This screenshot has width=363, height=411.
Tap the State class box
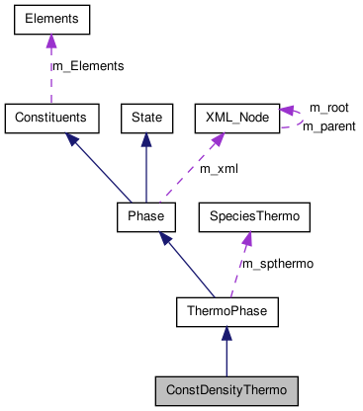pos(146,117)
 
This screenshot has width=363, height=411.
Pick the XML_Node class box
pos(236,117)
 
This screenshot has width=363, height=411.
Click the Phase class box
pos(145,213)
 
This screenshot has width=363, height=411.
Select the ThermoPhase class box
pos(227,312)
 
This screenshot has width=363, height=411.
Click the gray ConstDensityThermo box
pos(227,390)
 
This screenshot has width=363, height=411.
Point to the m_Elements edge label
pos(87,66)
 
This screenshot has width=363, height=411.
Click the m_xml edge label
pos(219,169)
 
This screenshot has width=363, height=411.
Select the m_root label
pos(328,107)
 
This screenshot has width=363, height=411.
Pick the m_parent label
pos(330,125)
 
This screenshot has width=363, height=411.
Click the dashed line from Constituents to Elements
pos(51,74)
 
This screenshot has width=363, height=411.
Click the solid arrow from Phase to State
pos(146,168)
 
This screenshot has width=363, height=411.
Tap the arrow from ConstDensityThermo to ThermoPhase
pos(227,352)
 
